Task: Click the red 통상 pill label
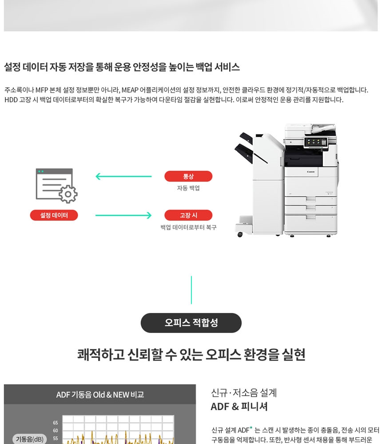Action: (x=188, y=176)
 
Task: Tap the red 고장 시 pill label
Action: (x=188, y=215)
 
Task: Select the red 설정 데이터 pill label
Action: (x=54, y=215)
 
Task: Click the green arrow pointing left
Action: (x=123, y=176)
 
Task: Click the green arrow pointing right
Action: (x=123, y=215)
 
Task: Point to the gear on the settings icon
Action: (x=68, y=194)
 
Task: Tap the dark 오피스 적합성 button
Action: (x=191, y=323)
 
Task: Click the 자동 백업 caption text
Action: (x=188, y=188)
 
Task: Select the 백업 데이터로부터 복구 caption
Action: (x=188, y=227)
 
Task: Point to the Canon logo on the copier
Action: (x=310, y=172)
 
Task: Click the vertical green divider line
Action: (x=191, y=290)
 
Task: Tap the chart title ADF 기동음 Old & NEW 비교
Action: (x=100, y=394)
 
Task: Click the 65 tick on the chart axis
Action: (x=55, y=423)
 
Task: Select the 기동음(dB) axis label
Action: (x=30, y=439)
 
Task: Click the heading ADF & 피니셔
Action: (x=239, y=407)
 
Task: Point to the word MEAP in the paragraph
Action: (x=130, y=90)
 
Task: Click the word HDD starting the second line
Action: (x=11, y=99)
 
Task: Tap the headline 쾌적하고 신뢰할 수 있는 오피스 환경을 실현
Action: (x=191, y=354)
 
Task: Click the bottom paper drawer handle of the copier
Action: (x=310, y=217)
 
